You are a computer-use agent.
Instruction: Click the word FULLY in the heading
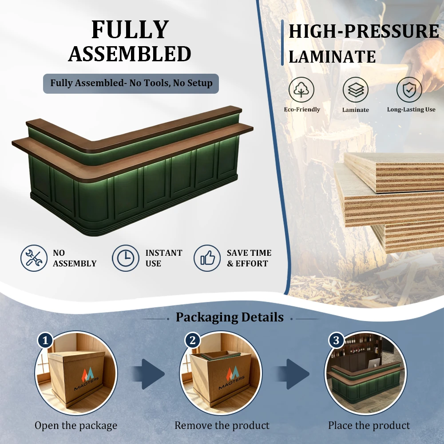point(130,30)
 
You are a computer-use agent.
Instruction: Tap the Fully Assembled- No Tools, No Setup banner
point(131,83)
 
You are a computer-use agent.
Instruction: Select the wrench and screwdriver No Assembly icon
point(34,258)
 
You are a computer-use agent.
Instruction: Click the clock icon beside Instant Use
point(126,258)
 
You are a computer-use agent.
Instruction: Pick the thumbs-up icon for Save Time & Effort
point(207,258)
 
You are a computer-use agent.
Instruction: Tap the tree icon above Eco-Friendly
point(301,90)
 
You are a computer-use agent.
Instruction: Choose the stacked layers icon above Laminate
point(355,90)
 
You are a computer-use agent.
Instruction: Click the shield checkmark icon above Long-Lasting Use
point(409,90)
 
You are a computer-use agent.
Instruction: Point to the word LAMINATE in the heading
point(332,57)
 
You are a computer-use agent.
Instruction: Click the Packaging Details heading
point(230,317)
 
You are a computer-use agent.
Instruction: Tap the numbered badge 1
point(45,341)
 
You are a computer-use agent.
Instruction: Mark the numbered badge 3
point(336,341)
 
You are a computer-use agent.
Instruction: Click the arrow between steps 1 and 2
point(149,374)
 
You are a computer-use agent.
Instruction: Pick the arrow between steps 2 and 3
point(293,374)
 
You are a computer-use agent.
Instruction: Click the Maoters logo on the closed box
point(87,378)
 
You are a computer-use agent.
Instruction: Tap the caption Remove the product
point(222,425)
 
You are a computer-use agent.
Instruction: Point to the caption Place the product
point(369,425)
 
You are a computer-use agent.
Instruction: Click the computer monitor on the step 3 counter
point(374,363)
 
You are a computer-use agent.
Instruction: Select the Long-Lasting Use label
point(411,110)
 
